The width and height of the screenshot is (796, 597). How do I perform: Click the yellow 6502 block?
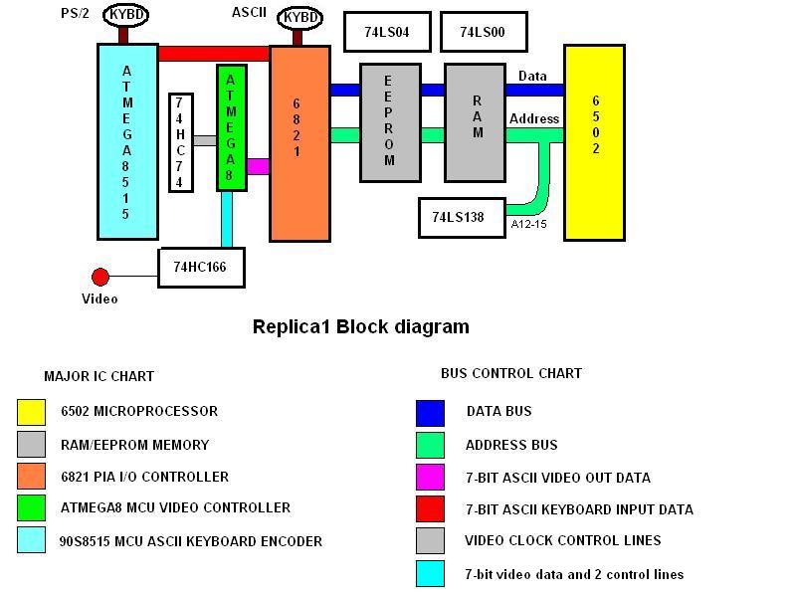(x=594, y=142)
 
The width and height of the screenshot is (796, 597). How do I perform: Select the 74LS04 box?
(x=387, y=32)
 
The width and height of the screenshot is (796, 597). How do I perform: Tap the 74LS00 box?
(x=484, y=32)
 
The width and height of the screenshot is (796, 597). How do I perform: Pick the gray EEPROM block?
(x=390, y=122)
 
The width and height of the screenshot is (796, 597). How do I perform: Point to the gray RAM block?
(x=476, y=122)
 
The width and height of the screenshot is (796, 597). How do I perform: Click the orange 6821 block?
(x=300, y=143)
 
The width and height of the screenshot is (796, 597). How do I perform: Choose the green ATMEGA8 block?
(x=232, y=127)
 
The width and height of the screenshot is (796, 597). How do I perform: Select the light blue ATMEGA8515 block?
(x=128, y=141)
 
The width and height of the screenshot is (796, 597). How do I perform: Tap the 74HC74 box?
(x=181, y=142)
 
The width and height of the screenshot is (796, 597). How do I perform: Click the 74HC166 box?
(x=202, y=268)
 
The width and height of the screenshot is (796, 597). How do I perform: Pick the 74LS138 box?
(x=462, y=218)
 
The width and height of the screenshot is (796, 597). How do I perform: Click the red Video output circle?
(x=100, y=278)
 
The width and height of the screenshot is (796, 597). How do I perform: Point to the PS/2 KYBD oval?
(x=126, y=15)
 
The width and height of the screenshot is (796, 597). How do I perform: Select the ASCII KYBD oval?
(x=300, y=18)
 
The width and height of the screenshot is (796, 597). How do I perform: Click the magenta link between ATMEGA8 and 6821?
(x=259, y=166)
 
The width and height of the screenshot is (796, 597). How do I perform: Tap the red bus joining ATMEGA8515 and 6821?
(x=214, y=54)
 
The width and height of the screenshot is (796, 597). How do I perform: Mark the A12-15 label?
(x=529, y=224)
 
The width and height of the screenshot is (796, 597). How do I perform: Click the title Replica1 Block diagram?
(x=361, y=326)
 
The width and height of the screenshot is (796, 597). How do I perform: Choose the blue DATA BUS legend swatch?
(x=430, y=413)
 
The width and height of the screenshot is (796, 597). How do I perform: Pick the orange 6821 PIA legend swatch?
(x=32, y=477)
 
